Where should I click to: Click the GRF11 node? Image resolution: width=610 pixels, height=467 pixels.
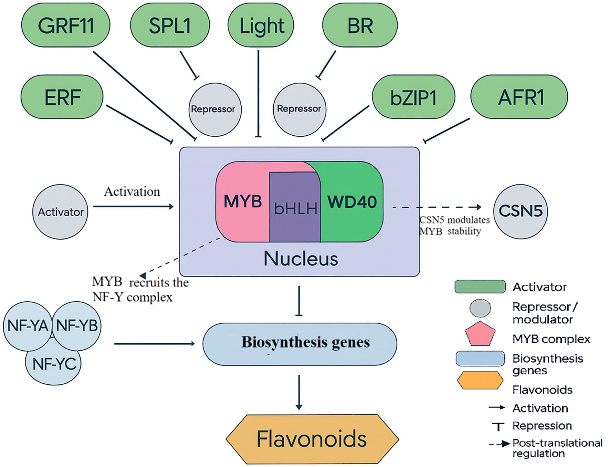(x=65, y=25)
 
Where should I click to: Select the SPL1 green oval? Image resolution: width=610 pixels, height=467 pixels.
(x=170, y=25)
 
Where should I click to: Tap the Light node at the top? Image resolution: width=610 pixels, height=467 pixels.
(x=261, y=25)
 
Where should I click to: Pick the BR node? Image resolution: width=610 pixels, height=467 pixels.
(x=360, y=25)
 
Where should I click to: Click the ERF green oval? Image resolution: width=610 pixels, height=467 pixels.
(x=62, y=97)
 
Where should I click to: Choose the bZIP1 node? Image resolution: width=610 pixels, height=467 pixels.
(x=413, y=97)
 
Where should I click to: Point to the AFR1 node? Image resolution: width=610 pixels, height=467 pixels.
(x=519, y=97)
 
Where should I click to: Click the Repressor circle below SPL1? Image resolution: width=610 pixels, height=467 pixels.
(x=215, y=110)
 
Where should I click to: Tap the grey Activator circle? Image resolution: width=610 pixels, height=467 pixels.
(x=60, y=212)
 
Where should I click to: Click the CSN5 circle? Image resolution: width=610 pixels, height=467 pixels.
(x=520, y=211)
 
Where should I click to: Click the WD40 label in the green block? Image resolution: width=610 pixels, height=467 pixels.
(x=352, y=202)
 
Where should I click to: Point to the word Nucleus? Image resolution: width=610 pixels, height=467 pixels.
(x=301, y=258)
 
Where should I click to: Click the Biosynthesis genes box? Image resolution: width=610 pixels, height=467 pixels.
(x=299, y=344)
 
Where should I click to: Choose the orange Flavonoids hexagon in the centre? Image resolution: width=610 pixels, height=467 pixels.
(x=312, y=439)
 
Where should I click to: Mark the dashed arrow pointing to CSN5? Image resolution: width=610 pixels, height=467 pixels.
(x=437, y=207)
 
